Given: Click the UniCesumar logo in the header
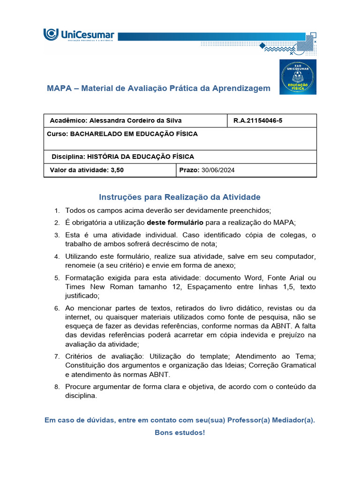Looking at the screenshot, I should (x=79, y=35).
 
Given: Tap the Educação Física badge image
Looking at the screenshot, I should (x=298, y=77).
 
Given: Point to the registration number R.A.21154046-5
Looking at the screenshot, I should (x=258, y=120).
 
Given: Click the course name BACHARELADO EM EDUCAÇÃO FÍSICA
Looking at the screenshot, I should (x=134, y=134).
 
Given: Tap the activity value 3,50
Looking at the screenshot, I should (x=117, y=170).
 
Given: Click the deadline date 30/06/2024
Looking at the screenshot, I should (x=218, y=170).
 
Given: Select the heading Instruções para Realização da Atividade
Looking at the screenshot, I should (x=180, y=197).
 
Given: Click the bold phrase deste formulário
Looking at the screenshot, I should (x=175, y=222).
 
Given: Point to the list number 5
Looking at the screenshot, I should (x=57, y=278).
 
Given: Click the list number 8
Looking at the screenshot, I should (x=57, y=387).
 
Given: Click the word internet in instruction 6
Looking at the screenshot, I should (x=77, y=317).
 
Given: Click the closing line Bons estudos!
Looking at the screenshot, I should (x=180, y=432).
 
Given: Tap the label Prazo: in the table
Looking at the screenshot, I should (x=189, y=170).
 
